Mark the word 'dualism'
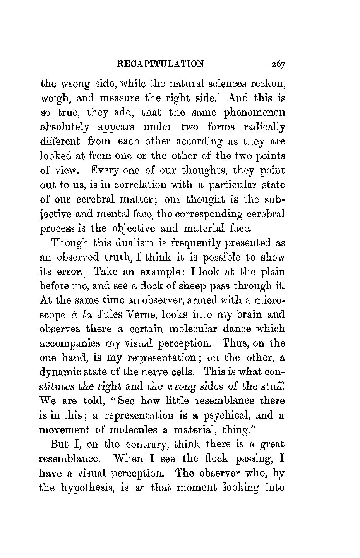pos(118,243)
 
